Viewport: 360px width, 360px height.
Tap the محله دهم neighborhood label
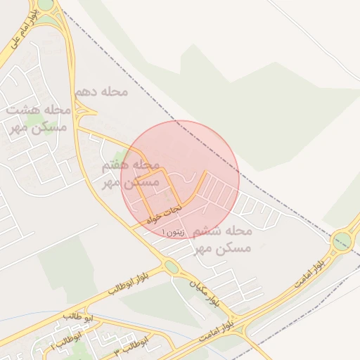101,92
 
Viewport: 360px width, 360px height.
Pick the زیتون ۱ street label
175,231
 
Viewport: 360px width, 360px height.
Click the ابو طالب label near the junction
77,317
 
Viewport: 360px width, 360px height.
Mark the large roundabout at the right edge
343,241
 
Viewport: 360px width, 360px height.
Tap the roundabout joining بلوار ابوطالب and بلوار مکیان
171,266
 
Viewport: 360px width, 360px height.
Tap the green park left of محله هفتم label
121,158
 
